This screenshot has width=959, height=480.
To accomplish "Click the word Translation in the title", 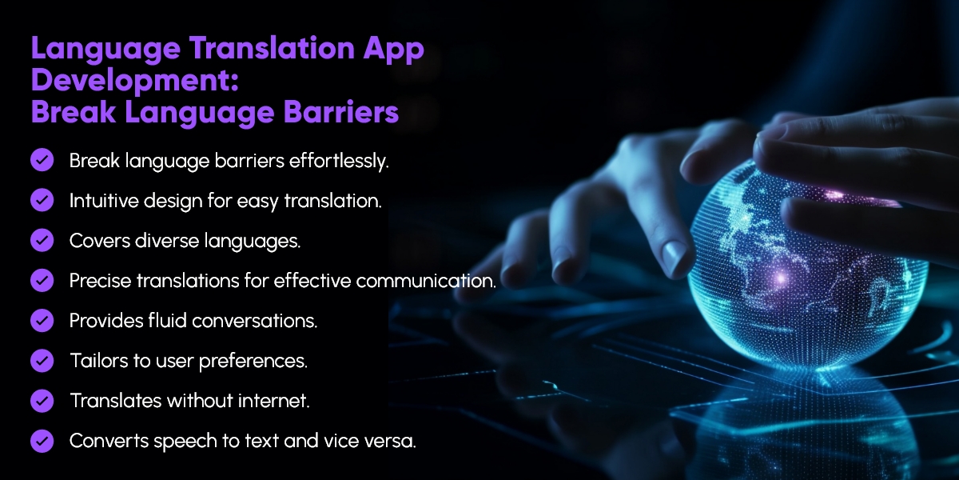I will tap(256, 50).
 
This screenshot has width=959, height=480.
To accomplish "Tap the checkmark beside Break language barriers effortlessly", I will tap(42, 160).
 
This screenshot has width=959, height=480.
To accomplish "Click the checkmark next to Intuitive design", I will tap(42, 200).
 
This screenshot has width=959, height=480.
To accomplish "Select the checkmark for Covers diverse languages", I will tap(42, 240).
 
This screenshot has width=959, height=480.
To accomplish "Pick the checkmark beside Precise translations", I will tap(42, 280).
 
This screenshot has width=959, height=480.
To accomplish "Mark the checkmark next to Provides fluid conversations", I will tap(42, 320).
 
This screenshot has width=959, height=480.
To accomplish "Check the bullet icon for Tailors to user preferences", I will tap(42, 360).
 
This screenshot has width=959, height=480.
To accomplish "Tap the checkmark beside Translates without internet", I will tap(42, 400).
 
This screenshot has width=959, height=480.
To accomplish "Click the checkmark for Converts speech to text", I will tap(42, 440).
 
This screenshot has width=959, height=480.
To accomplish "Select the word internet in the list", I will tap(276, 401).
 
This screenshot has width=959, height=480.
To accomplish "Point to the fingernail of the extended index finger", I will tap(675, 258).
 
